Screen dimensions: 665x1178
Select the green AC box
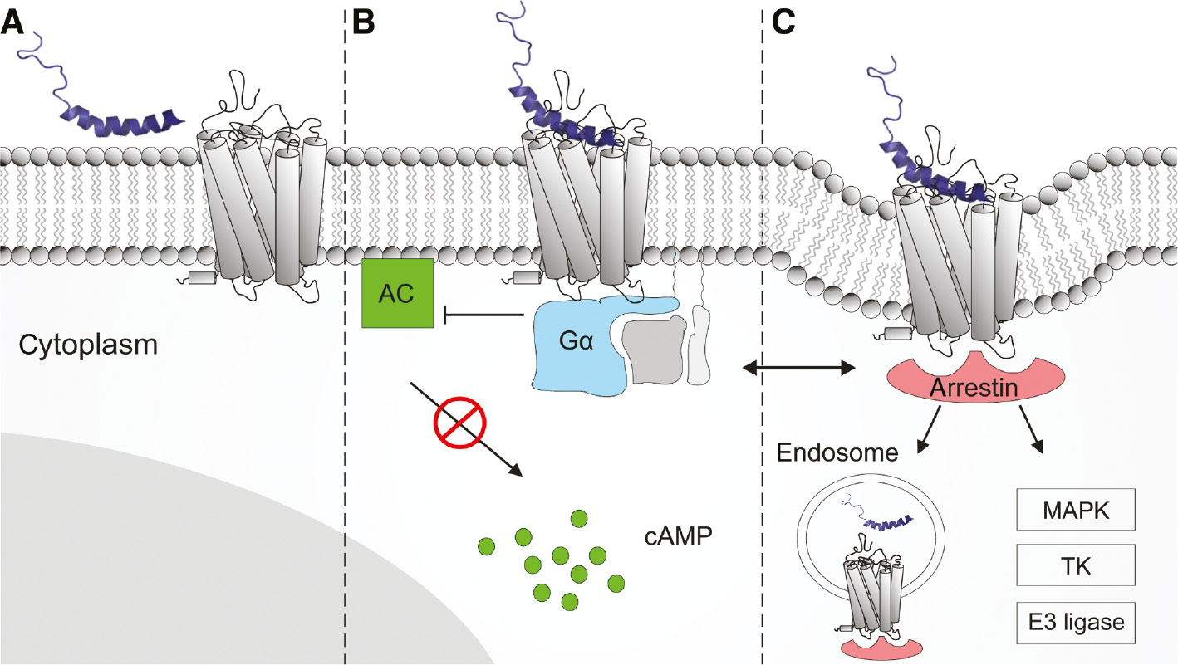[x=397, y=292]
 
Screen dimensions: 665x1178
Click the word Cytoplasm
[x=88, y=343]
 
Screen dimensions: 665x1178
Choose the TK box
[x=1075, y=567]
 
